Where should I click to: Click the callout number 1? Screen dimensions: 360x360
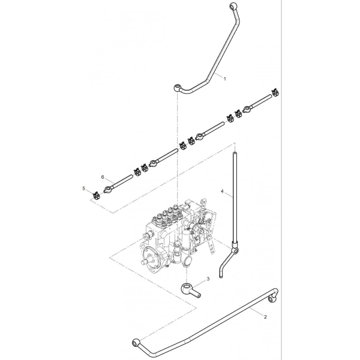225,79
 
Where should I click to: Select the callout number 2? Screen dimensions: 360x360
265,317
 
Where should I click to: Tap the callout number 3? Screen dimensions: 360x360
208,279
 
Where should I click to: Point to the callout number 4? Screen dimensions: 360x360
222,191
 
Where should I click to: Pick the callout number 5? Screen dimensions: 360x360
83,188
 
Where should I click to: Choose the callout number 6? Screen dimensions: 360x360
103,177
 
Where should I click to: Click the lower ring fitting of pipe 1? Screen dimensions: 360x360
178,88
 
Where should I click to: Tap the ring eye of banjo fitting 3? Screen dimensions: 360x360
186,287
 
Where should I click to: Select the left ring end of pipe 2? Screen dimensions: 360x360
136,343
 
